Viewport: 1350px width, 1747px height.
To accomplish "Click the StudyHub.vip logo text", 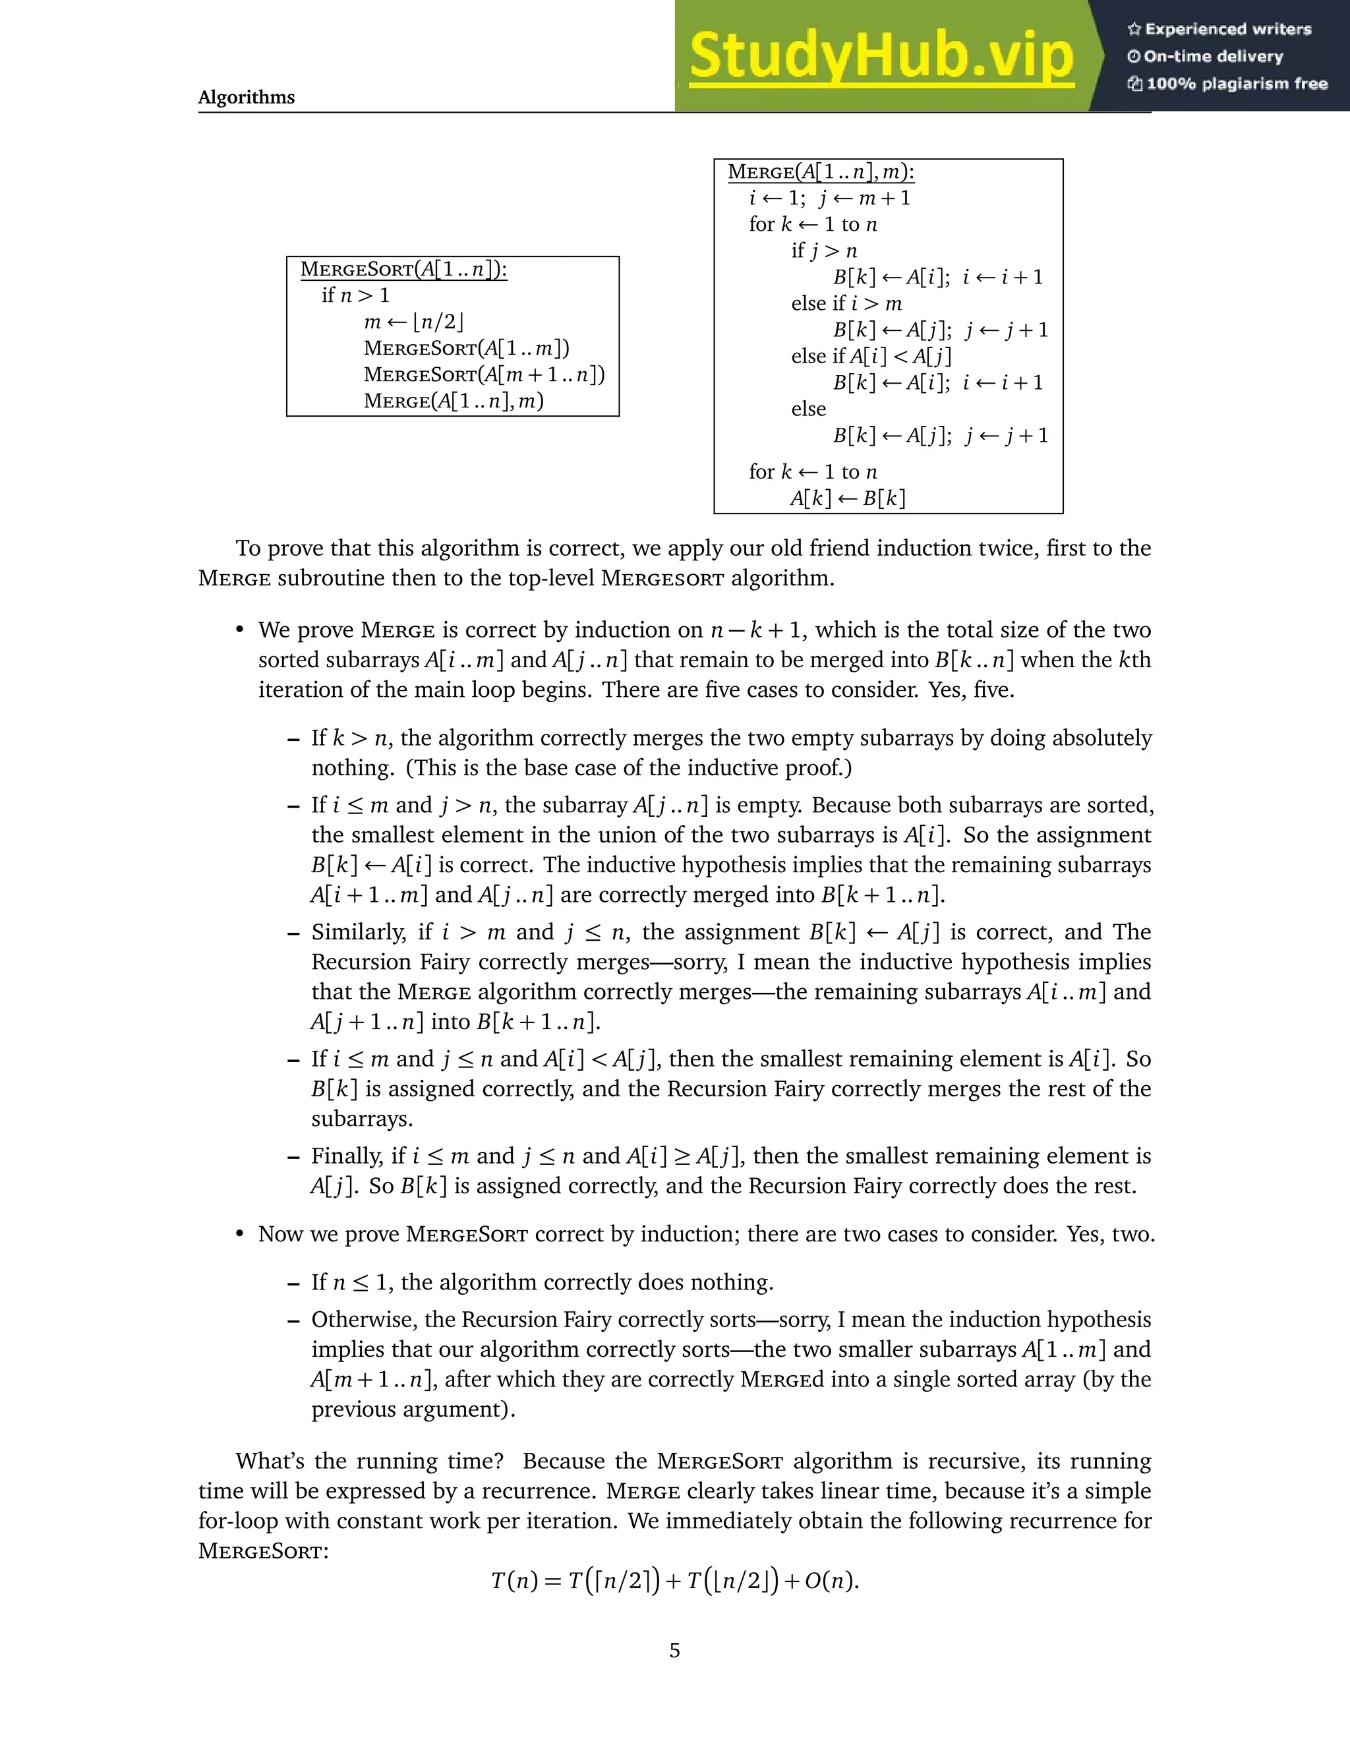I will (881, 56).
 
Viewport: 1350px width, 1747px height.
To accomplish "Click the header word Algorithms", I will (247, 98).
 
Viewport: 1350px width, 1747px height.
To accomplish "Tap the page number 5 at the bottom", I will (674, 1650).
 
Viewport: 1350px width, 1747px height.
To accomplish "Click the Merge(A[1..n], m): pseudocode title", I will (821, 172).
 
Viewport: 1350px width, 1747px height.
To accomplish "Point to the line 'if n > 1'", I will (356, 295).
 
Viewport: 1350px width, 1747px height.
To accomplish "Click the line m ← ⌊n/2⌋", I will (413, 322).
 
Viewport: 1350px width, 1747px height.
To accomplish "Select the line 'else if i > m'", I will (846, 304).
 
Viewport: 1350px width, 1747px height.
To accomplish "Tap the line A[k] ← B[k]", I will (848, 498).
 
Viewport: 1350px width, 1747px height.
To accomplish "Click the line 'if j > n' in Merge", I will (824, 251).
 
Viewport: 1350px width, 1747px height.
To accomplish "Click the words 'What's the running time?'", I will (368, 1462).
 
